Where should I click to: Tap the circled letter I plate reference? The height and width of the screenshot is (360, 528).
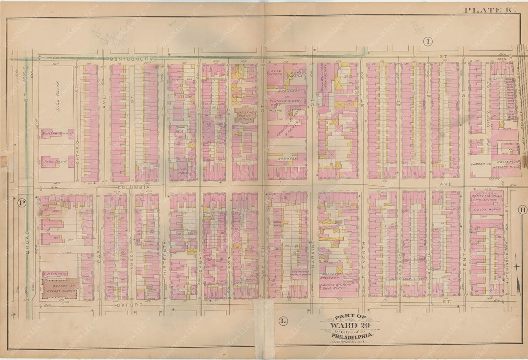[x=428, y=42]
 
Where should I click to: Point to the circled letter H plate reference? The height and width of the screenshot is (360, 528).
[x=522, y=210]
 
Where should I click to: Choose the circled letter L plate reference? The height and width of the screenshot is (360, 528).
[x=283, y=321]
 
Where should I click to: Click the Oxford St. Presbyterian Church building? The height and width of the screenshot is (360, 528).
[x=59, y=289]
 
